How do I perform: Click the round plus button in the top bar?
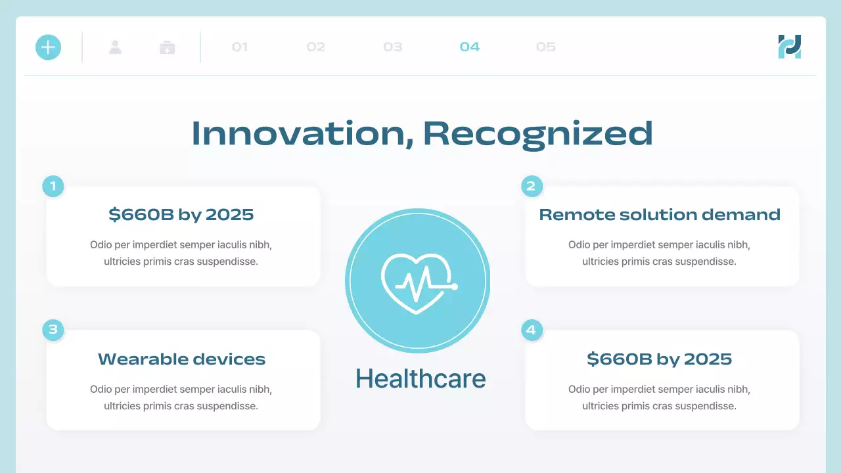point(48,47)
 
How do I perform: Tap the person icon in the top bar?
point(116,47)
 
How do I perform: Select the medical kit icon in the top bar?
point(168,47)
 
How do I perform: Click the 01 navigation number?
point(240,47)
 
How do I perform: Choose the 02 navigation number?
point(316,47)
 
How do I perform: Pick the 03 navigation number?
point(393,47)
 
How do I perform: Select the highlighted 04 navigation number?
point(470,47)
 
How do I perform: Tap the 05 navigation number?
point(546,47)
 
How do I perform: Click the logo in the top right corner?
point(790,47)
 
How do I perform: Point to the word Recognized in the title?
point(538,133)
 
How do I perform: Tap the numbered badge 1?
point(53,186)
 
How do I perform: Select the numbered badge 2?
point(532,186)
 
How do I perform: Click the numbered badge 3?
point(53,330)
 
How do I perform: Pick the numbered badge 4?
point(532,330)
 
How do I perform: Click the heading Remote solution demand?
point(660,215)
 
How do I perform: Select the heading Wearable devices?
point(182,359)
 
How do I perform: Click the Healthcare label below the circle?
point(420,379)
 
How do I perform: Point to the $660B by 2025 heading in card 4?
point(660,359)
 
